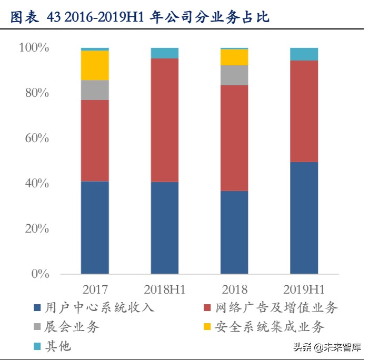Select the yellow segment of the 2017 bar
click(95, 65)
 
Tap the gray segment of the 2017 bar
click(95, 90)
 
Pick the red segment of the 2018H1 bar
click(164, 120)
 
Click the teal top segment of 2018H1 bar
click(164, 53)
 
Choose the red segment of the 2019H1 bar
click(304, 111)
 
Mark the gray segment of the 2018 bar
click(234, 75)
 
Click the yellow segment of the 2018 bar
click(234, 57)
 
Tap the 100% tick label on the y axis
click(34, 48)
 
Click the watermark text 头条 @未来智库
click(327, 347)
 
